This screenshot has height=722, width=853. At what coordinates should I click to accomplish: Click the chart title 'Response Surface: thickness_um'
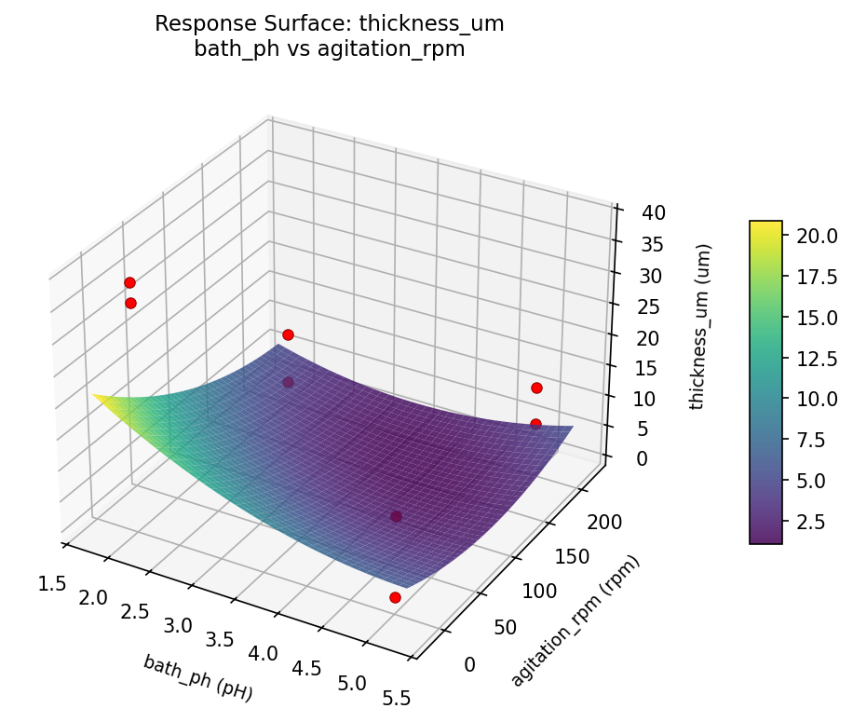(330, 24)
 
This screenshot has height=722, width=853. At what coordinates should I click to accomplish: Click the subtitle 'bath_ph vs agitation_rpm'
(330, 49)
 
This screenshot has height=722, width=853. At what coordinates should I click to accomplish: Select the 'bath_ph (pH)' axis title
(197, 676)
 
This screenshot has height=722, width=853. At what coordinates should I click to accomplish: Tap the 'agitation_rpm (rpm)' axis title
(575, 621)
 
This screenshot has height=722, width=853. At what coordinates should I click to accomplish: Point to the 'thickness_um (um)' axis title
(705, 326)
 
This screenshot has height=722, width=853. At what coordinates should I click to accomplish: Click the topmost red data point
(129, 282)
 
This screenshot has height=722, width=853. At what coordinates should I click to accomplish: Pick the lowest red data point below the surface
(395, 597)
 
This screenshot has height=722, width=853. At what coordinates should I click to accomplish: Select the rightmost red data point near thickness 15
(536, 388)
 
